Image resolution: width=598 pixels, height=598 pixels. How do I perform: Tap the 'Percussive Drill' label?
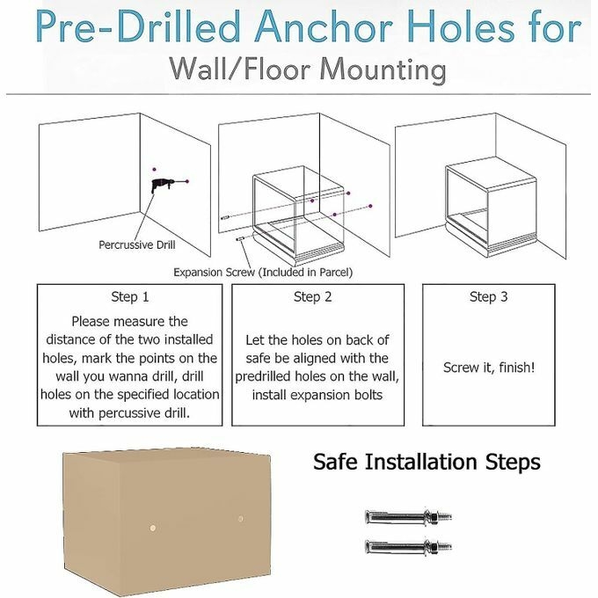tap(137, 244)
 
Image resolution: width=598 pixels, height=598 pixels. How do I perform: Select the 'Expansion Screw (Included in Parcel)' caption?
tap(263, 273)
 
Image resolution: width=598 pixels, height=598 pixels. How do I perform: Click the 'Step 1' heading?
tap(129, 296)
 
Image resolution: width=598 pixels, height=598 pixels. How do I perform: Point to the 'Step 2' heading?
tap(313, 296)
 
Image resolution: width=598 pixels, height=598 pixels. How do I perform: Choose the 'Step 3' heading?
tap(489, 296)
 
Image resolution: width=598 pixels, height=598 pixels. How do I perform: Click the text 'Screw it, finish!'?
tap(489, 368)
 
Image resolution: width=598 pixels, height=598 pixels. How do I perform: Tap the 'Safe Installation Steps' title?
tap(427, 462)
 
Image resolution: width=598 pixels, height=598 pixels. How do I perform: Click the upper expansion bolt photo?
tap(408, 517)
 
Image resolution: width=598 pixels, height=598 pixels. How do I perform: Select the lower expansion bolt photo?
tap(408, 546)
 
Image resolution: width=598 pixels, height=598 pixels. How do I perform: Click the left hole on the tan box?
tap(152, 529)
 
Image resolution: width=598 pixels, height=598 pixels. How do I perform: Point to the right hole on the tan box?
tap(240, 519)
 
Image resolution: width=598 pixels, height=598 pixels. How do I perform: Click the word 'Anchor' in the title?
tap(325, 27)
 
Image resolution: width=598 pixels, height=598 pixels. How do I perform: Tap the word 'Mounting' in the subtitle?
tap(383, 70)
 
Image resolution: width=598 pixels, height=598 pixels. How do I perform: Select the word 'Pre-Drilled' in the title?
tap(138, 27)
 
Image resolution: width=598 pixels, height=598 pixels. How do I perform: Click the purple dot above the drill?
tap(154, 170)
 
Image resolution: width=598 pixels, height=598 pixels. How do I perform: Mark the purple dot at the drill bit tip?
tap(186, 181)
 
